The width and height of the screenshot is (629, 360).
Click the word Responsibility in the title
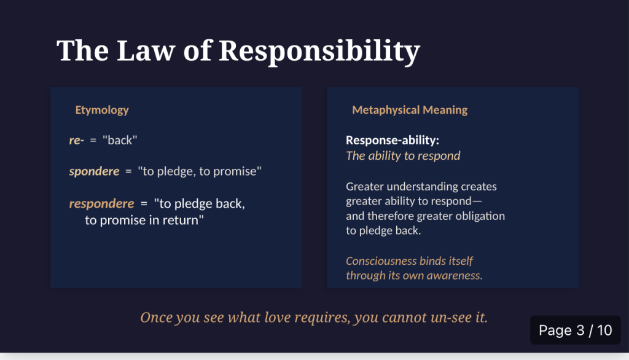pos(319,52)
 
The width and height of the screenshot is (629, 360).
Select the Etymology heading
pos(102,111)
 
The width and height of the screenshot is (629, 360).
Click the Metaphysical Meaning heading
pos(410,110)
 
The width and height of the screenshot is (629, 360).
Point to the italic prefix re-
pos(77,141)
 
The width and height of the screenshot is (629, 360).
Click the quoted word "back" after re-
pos(120,140)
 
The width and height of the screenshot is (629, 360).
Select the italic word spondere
pos(94,171)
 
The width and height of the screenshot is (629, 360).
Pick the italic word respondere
pos(101,203)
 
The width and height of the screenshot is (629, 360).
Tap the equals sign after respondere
pos(144,204)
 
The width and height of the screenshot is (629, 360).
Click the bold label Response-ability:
pos(393,140)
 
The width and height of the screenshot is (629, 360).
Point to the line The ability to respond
pos(403,155)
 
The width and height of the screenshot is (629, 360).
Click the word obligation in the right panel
pos(479,216)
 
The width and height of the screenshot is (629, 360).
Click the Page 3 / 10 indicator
pos(575,331)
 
